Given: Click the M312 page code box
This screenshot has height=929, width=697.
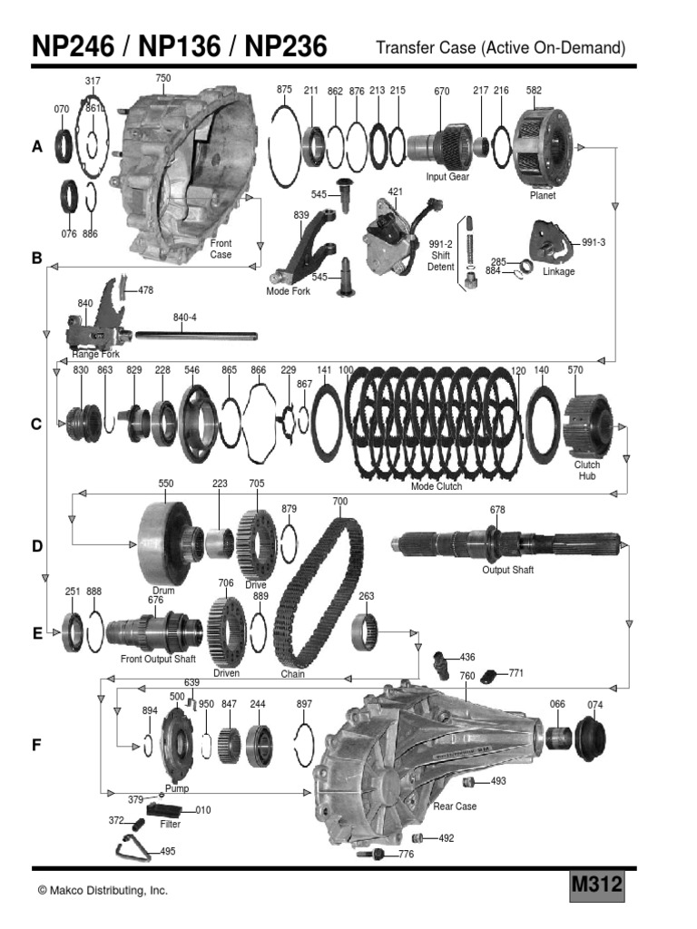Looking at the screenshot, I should coord(596,885).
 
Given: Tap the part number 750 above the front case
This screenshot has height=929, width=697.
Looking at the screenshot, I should coord(163,79).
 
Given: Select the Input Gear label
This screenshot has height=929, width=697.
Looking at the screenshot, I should coord(447,177).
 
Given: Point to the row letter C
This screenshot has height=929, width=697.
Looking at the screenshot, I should coord(37,424).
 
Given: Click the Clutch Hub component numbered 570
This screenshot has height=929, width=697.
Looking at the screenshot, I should coord(588,425).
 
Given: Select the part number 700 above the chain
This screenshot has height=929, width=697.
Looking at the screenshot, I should coord(340,501).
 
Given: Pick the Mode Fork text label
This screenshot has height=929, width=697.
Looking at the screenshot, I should coord(289,291).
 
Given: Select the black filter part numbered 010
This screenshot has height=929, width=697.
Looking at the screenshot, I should coord(164,810).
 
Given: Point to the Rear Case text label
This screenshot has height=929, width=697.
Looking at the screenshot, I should coord(455,807).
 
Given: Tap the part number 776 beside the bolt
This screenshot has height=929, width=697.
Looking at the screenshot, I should coord(406,855).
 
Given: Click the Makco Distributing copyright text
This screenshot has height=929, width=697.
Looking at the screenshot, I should coord(103,891).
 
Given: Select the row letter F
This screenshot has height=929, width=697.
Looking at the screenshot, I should coord(37,746).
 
